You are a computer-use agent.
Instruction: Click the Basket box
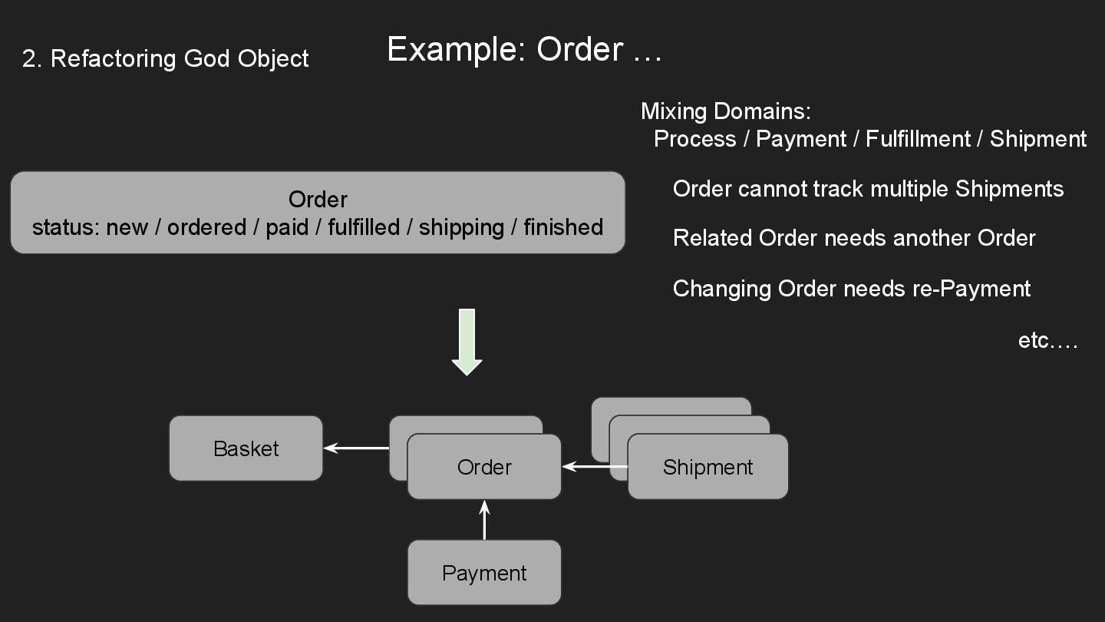[x=246, y=448]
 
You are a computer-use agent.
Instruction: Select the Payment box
[x=484, y=573]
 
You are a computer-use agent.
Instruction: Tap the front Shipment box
[x=708, y=467]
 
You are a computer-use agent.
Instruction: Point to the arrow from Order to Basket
[x=356, y=448]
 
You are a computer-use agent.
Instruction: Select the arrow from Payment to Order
[x=484, y=520]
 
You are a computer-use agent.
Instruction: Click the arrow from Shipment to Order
[x=595, y=466]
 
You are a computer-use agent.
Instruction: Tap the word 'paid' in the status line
[x=287, y=227]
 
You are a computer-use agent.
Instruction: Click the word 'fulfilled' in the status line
[x=364, y=227]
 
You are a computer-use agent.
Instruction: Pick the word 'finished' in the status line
[x=563, y=227]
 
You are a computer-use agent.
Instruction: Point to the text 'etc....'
[x=1047, y=340]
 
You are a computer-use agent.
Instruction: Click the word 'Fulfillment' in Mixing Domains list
[x=918, y=139]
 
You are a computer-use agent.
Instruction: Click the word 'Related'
[x=712, y=238]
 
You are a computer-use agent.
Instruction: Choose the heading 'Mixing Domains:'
[x=726, y=111]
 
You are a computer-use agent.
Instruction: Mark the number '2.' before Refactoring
[x=31, y=58]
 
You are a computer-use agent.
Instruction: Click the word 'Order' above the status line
[x=318, y=200]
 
